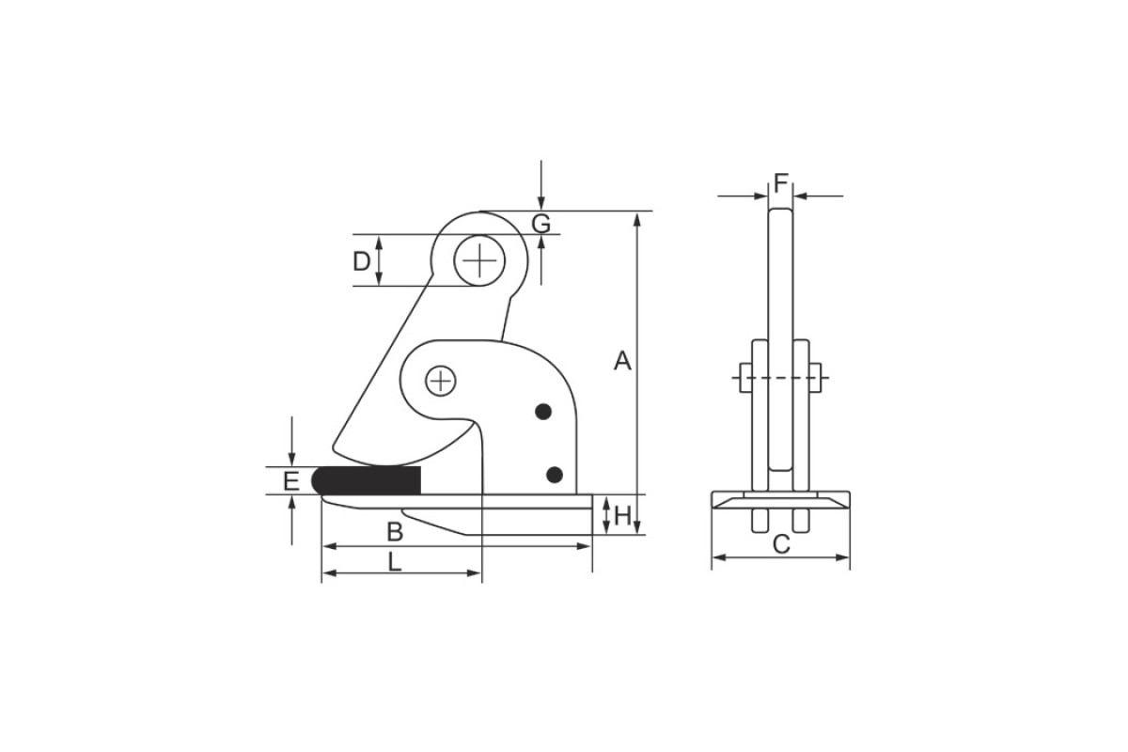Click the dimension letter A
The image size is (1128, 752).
pyautogui.click(x=622, y=361)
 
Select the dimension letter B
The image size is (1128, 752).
pyautogui.click(x=395, y=532)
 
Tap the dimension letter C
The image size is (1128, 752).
pyautogui.click(x=781, y=544)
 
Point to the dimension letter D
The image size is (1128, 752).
pyautogui.click(x=362, y=261)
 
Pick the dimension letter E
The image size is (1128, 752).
pyautogui.click(x=291, y=481)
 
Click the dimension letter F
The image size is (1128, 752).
pyautogui.click(x=780, y=183)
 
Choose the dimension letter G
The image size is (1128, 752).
pyautogui.click(x=541, y=224)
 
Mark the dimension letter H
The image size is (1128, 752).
pyautogui.click(x=623, y=516)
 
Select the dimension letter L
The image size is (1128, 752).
pyautogui.click(x=394, y=561)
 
